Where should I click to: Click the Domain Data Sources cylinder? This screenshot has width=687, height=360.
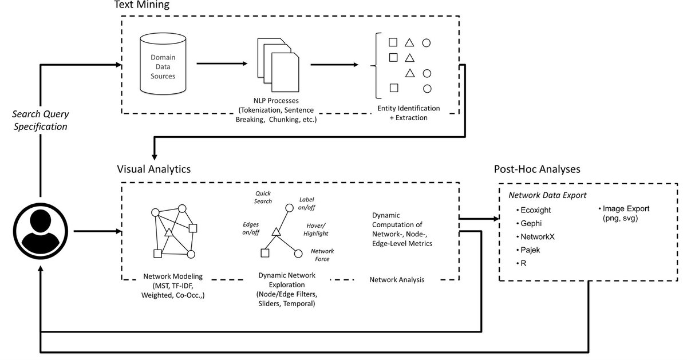[163, 65]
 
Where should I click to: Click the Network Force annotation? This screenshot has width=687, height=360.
[322, 255]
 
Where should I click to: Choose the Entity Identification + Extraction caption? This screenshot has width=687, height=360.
[409, 113]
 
